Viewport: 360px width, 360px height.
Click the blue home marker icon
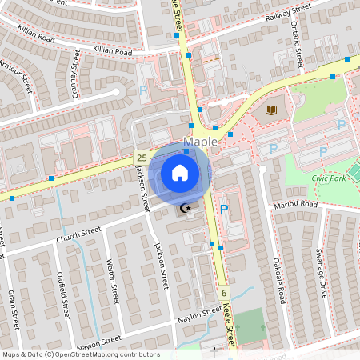pos(180,173)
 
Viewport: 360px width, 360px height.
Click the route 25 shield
pos(141,158)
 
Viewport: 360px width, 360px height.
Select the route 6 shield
pos(225,293)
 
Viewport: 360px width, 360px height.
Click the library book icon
pos(270,109)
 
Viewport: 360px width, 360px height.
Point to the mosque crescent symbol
pos(186,209)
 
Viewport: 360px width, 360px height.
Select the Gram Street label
pos(13,307)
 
